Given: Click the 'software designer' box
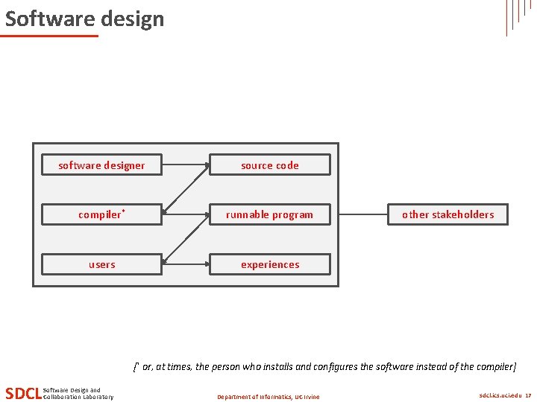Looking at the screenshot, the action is click(x=101, y=165).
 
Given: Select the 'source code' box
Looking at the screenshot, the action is click(x=269, y=165).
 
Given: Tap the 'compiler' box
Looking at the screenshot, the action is click(x=101, y=215).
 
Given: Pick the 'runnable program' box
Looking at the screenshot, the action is click(x=269, y=215).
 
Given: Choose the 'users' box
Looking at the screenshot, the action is click(x=101, y=264).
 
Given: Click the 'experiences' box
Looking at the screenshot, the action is click(x=269, y=264).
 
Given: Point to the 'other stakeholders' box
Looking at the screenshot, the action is click(x=447, y=215).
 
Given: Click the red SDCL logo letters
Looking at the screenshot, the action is click(x=22, y=393).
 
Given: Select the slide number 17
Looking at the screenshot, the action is click(x=528, y=396).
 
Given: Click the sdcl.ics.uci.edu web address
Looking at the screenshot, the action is click(x=500, y=396).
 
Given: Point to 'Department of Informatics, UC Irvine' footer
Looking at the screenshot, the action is click(x=268, y=397).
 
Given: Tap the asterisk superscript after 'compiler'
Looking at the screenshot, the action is click(x=123, y=211).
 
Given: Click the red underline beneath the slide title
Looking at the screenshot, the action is click(x=49, y=36).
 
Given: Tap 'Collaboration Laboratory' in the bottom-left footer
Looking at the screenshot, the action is click(x=79, y=397).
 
